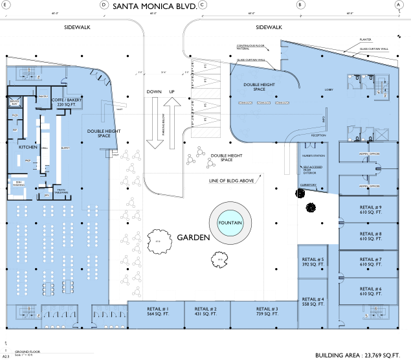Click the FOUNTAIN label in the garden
[230, 223]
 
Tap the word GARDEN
[194, 238]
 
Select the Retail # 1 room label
[157, 311]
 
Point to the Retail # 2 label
[205, 311]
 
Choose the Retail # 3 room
[267, 311]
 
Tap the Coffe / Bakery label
[67, 102]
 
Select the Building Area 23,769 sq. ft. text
[358, 355]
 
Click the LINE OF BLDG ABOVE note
[231, 181]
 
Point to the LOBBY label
[328, 90]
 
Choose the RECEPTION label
[318, 135]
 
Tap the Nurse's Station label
[311, 156]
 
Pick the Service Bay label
[14, 102]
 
